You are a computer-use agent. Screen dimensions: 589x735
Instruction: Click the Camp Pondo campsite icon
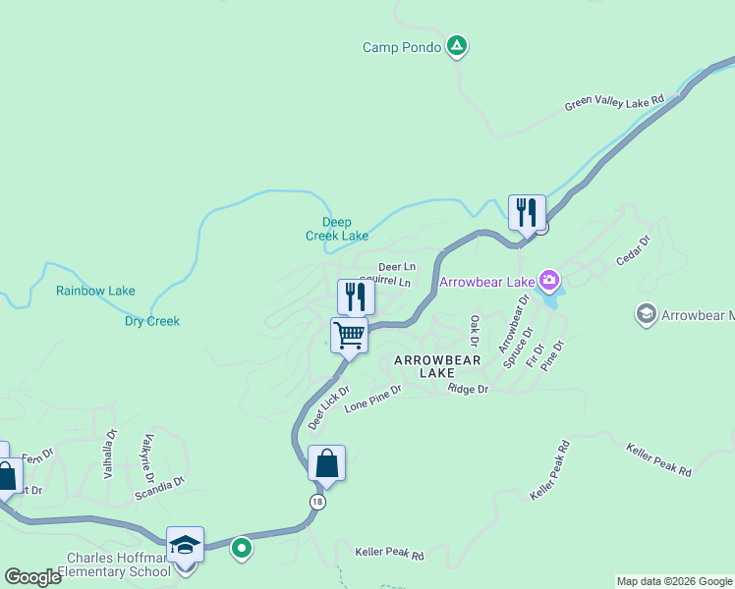(456, 45)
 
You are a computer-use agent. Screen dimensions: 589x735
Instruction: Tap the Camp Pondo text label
(401, 47)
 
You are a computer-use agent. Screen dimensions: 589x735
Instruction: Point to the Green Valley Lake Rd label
(614, 103)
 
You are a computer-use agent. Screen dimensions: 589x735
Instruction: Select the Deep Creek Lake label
(337, 229)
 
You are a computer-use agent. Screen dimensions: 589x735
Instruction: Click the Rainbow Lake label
(95, 291)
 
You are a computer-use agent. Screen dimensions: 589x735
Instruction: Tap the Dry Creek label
(152, 321)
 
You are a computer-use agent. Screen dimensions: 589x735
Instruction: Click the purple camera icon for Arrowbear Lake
(548, 282)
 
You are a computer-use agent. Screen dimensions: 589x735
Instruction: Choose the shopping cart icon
(350, 335)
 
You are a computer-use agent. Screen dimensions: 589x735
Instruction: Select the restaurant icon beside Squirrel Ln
(356, 296)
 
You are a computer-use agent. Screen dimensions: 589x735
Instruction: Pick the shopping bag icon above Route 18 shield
(326, 462)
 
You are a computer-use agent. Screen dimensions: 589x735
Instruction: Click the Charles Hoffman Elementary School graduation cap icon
(184, 545)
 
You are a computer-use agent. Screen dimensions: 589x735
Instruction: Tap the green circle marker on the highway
(241, 548)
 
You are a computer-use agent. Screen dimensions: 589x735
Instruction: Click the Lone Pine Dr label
(373, 398)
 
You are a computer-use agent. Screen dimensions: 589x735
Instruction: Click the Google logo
(32, 577)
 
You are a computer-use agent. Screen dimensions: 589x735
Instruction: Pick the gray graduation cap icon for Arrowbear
(646, 313)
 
